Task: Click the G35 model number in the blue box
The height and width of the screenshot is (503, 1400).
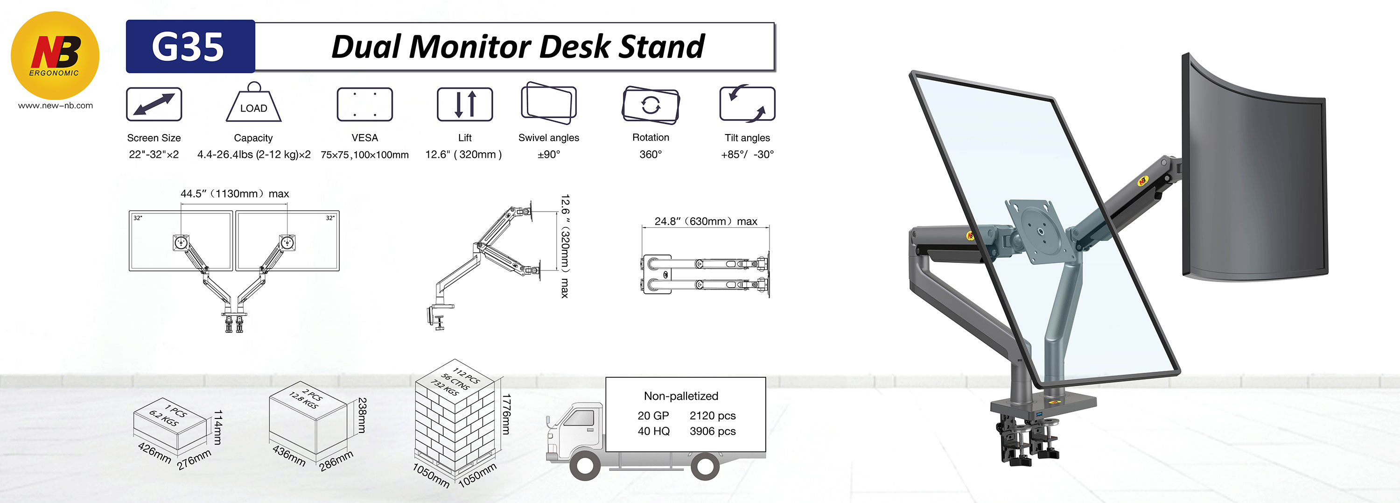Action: click(x=188, y=46)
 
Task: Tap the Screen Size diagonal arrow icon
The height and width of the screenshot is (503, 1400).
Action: click(x=154, y=104)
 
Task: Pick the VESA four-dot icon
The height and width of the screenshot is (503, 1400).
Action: click(x=364, y=104)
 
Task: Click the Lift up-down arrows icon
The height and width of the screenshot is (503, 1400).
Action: click(x=465, y=104)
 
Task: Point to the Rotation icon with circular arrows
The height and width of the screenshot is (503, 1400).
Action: click(x=651, y=105)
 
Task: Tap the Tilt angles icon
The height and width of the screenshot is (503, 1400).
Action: click(x=747, y=103)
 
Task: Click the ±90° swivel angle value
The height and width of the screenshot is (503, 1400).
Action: click(x=548, y=155)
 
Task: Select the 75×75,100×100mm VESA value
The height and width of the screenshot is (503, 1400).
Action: click(x=364, y=155)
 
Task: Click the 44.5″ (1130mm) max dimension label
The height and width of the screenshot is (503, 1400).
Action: click(x=234, y=193)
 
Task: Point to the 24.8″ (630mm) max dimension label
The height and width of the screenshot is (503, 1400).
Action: click(x=706, y=221)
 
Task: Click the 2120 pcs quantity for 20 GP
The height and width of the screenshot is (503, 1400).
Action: click(x=712, y=416)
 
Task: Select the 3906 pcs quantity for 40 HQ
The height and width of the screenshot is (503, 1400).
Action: click(x=712, y=431)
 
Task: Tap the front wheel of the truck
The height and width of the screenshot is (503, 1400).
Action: click(x=585, y=466)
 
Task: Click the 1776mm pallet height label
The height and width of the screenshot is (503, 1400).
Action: click(x=505, y=414)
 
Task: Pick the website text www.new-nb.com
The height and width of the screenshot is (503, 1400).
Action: click(x=55, y=106)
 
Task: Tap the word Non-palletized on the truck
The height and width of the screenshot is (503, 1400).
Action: click(x=680, y=396)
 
